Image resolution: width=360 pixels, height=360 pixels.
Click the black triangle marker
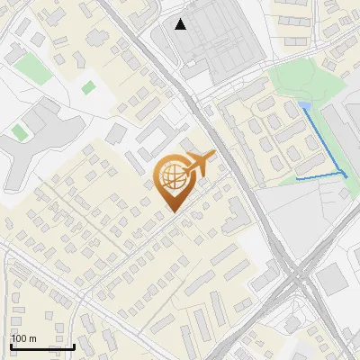181,24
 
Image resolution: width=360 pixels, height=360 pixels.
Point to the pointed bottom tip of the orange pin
172,213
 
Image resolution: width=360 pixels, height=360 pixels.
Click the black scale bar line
42,346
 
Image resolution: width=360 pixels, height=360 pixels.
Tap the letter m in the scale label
32,338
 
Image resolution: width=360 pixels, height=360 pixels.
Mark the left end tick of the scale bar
11,345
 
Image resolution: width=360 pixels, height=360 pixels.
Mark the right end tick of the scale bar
74,345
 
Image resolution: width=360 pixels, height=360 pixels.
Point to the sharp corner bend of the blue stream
344,171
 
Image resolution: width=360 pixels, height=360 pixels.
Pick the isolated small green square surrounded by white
88,87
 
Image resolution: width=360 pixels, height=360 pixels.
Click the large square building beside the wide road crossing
331,281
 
